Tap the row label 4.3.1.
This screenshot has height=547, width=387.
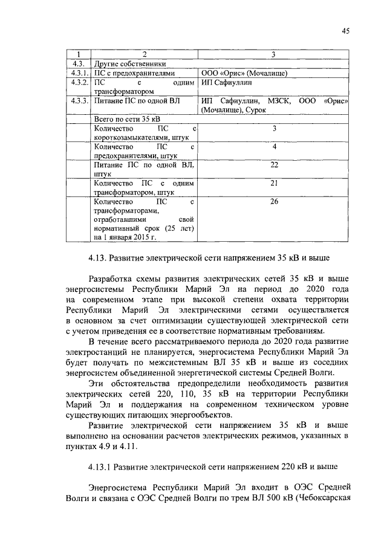tap(79, 73)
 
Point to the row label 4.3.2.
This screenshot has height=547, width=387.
tap(79, 82)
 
